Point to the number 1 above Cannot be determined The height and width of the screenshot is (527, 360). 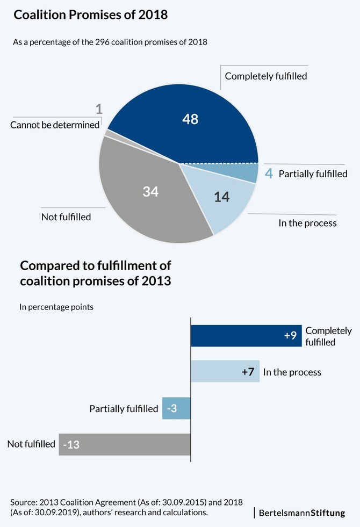[x=99, y=110]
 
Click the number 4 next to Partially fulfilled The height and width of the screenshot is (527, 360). [x=269, y=174]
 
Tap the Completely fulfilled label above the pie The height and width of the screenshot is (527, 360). [x=266, y=76]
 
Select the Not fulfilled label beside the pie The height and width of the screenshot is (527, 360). [x=66, y=217]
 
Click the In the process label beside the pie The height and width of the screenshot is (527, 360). [x=307, y=223]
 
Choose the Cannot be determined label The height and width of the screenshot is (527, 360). [x=55, y=125]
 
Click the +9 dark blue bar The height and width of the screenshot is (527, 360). [x=246, y=336]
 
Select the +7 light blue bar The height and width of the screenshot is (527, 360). [x=225, y=372]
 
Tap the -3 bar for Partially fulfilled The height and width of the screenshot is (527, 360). [x=176, y=409]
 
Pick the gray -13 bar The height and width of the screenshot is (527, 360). [x=125, y=444]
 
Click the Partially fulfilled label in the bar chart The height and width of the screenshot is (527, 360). [x=124, y=409]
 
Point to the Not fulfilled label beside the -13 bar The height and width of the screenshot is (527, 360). [x=31, y=444]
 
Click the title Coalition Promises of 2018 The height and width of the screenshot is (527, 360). [x=91, y=15]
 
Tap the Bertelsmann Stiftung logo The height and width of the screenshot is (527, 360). [x=302, y=512]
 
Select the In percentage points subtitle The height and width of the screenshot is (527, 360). [x=56, y=307]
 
